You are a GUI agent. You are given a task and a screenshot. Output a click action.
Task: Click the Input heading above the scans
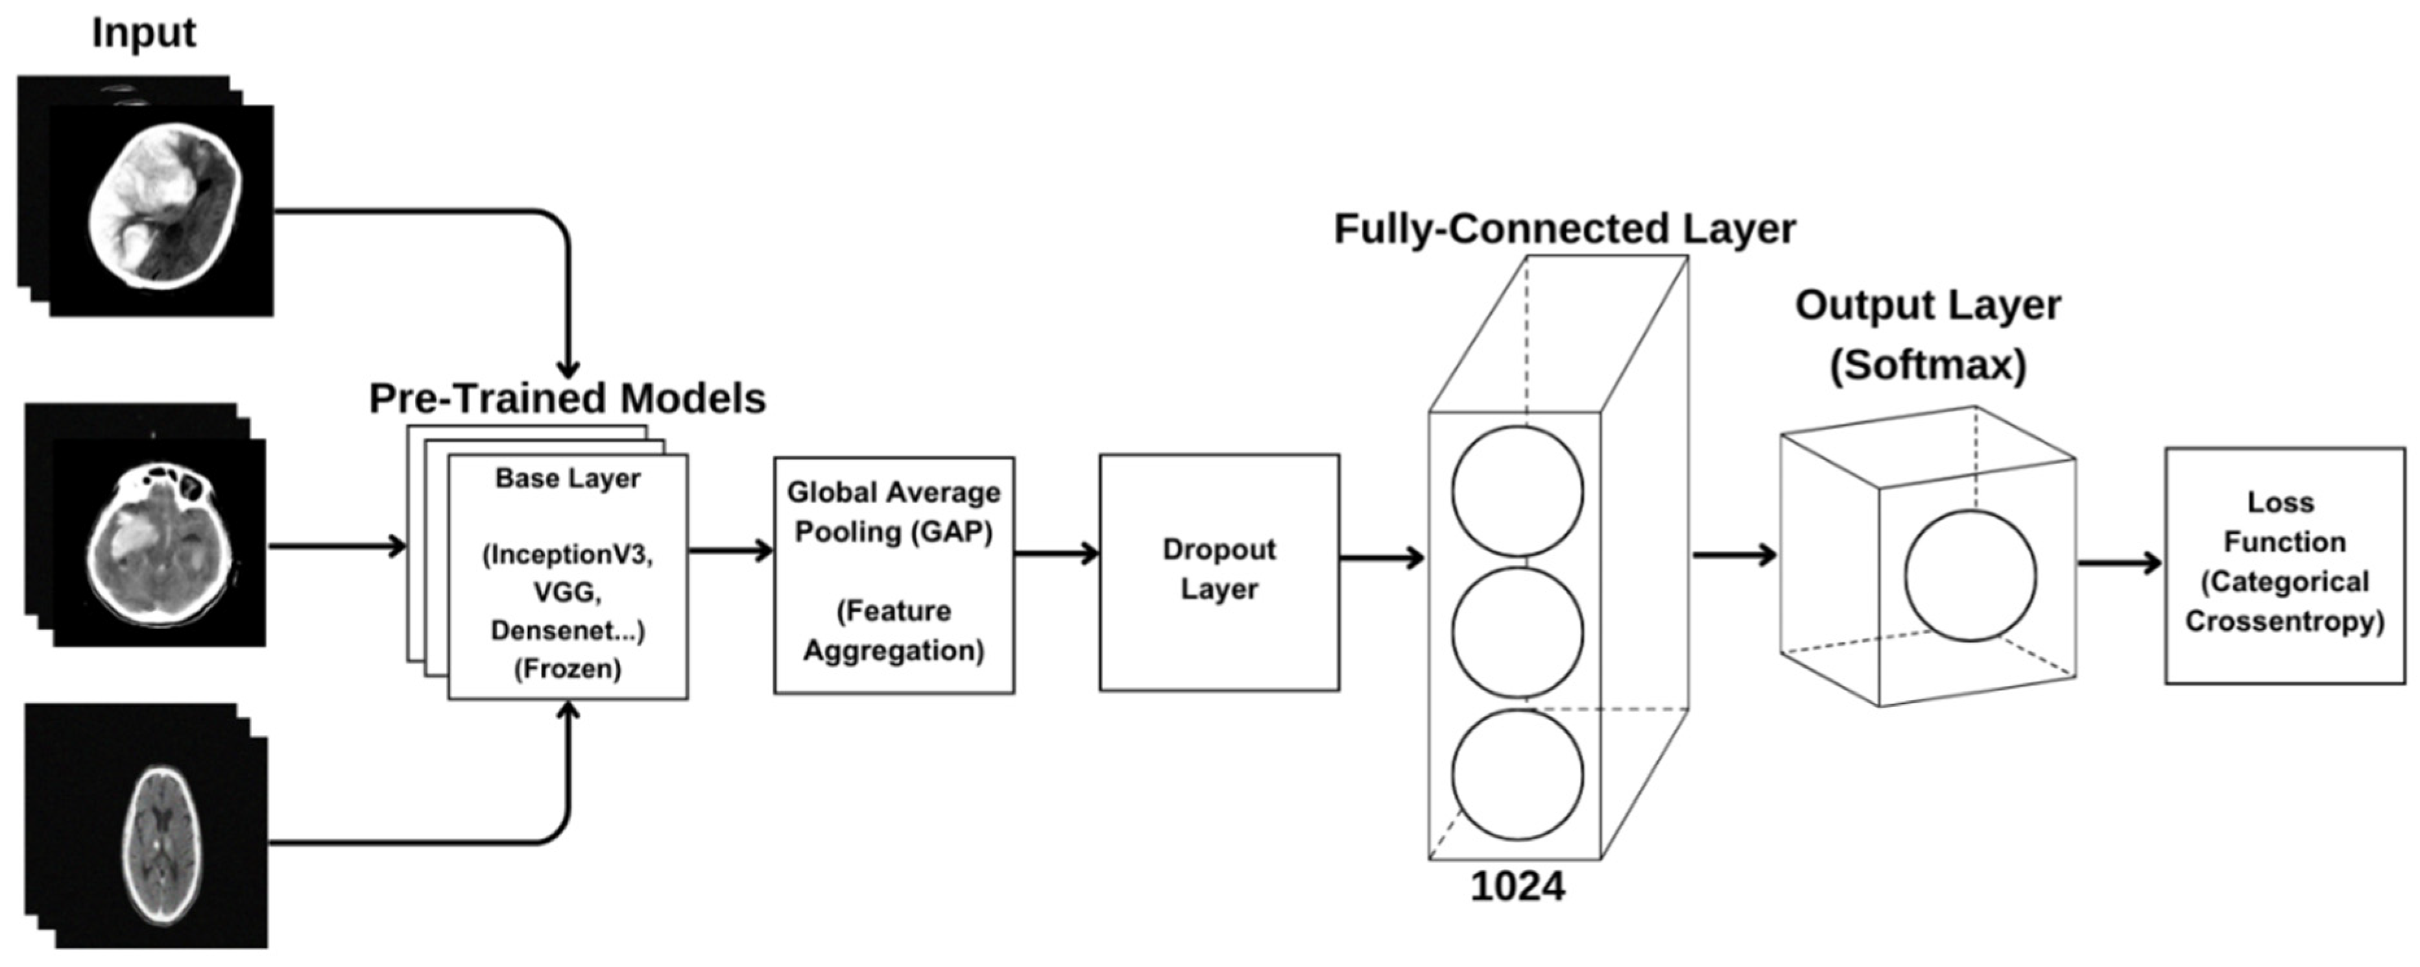click(x=144, y=33)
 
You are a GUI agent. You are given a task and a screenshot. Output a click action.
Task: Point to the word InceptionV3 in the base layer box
click(x=568, y=554)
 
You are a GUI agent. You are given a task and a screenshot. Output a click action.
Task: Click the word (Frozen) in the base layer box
click(x=568, y=669)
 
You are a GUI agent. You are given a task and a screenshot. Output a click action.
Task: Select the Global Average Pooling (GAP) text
click(x=893, y=512)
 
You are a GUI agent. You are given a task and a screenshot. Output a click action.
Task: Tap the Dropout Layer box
click(x=1219, y=572)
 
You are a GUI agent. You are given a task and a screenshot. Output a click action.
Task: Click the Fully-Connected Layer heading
click(x=1564, y=229)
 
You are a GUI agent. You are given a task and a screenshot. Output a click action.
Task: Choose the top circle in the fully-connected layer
click(x=1516, y=491)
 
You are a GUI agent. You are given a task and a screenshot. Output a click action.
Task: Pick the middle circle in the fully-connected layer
click(x=1516, y=631)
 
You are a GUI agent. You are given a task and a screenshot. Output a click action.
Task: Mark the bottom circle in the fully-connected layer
click(x=1516, y=774)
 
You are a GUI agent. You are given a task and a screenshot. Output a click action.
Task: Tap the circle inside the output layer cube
click(x=1970, y=576)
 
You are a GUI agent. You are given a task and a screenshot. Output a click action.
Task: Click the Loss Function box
click(x=2284, y=565)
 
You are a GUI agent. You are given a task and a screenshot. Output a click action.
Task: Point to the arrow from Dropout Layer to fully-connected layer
click(x=1381, y=558)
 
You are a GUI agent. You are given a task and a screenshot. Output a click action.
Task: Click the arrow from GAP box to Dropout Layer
click(x=1056, y=554)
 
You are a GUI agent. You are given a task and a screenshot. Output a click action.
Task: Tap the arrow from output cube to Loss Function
click(x=2118, y=564)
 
